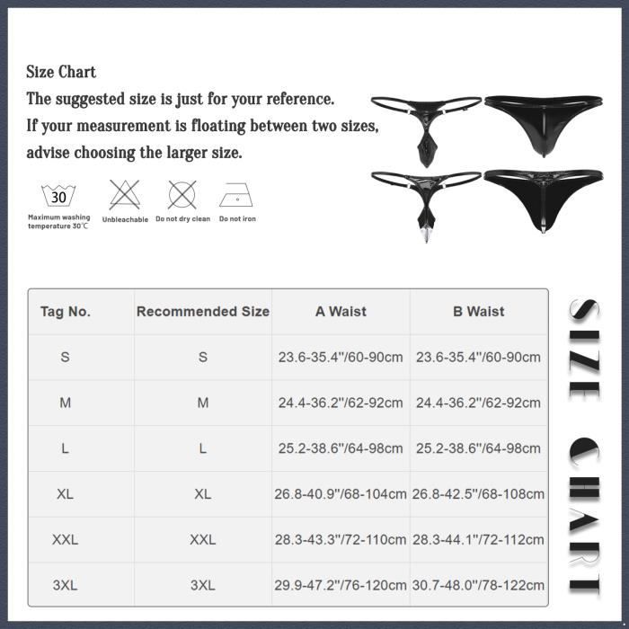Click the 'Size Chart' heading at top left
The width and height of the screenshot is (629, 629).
61,72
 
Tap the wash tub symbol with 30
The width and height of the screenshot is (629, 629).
58,196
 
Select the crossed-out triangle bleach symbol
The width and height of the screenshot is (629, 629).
125,195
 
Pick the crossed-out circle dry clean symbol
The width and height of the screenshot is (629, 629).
182,195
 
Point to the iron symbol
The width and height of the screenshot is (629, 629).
235,195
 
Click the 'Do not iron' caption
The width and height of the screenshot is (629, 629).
237,218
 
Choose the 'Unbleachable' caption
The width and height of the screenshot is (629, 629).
125,219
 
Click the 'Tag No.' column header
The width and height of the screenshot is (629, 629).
66,312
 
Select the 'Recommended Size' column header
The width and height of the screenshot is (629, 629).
203,312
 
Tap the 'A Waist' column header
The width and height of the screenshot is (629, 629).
341,312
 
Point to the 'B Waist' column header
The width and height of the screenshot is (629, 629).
479,312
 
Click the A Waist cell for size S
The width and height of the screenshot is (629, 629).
341,357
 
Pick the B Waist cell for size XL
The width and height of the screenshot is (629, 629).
478,494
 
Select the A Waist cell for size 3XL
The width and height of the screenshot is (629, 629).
341,585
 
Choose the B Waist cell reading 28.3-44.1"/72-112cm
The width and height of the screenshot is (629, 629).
478,539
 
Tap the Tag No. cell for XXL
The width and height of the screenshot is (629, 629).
65,539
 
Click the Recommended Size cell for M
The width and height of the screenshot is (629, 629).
203,403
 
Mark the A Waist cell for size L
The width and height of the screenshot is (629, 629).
341,448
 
